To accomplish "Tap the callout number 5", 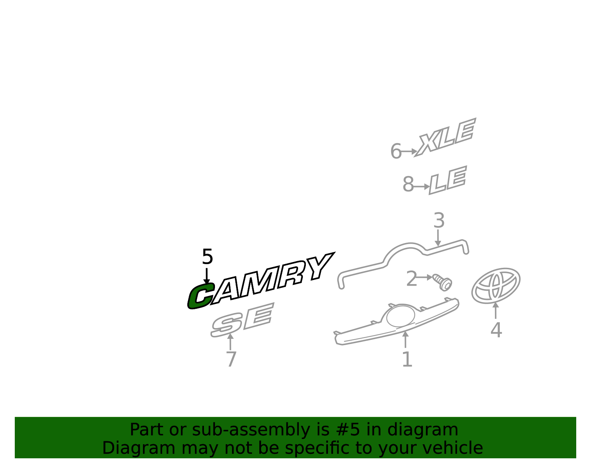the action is point(207,257).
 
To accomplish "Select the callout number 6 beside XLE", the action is point(396,151).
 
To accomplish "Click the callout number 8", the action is point(408,184).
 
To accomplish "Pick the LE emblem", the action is point(448,180).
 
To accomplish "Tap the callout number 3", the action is point(439,220).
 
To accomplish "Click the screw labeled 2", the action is point(443,282).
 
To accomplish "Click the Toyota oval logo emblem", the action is point(496,286).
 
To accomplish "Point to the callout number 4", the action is point(496,330).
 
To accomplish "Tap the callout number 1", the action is point(407,360).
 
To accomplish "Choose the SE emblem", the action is point(242,320).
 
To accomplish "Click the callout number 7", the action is point(231,359).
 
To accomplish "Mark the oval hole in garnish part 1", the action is point(401,316).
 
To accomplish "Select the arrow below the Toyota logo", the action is point(496,310).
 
